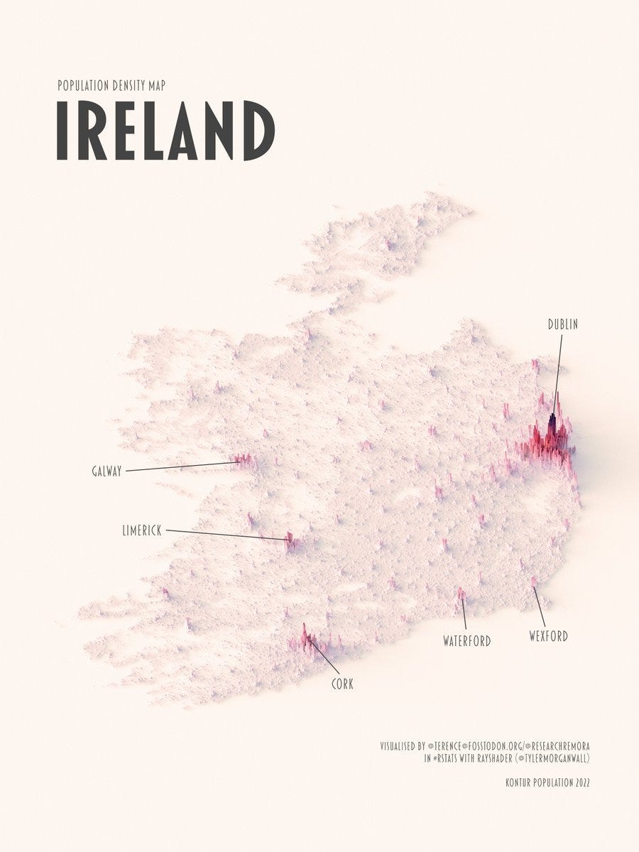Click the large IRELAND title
(x=165, y=131)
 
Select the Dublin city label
(x=562, y=324)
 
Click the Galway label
(x=106, y=471)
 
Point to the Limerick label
(x=142, y=530)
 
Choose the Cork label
(x=342, y=684)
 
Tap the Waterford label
(x=466, y=641)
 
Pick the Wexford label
(x=548, y=636)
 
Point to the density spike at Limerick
(x=290, y=541)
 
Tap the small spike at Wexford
(x=534, y=583)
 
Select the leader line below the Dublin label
(x=559, y=369)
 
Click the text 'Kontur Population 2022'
(x=547, y=783)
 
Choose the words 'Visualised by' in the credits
(x=402, y=746)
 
